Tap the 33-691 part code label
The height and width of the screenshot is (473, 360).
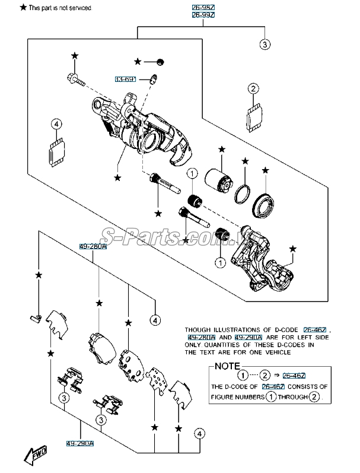pyautogui.click(x=126, y=78)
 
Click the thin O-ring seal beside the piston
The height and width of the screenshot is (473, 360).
pyautogui.click(x=242, y=193)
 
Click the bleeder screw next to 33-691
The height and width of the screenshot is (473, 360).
pyautogui.click(x=154, y=79)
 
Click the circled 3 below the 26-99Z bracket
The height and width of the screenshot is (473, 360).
pyautogui.click(x=265, y=44)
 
